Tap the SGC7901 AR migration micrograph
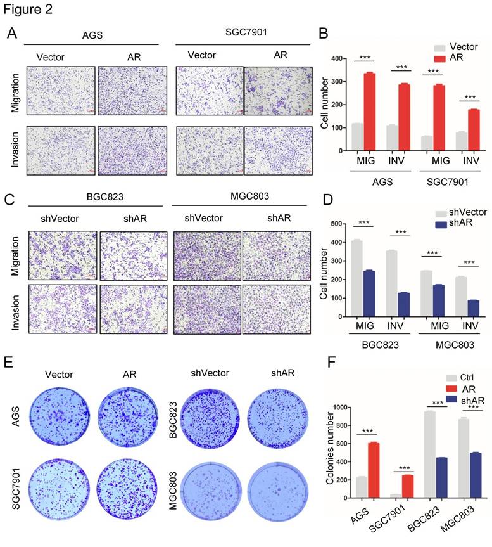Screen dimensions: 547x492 (x=278, y=92)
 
